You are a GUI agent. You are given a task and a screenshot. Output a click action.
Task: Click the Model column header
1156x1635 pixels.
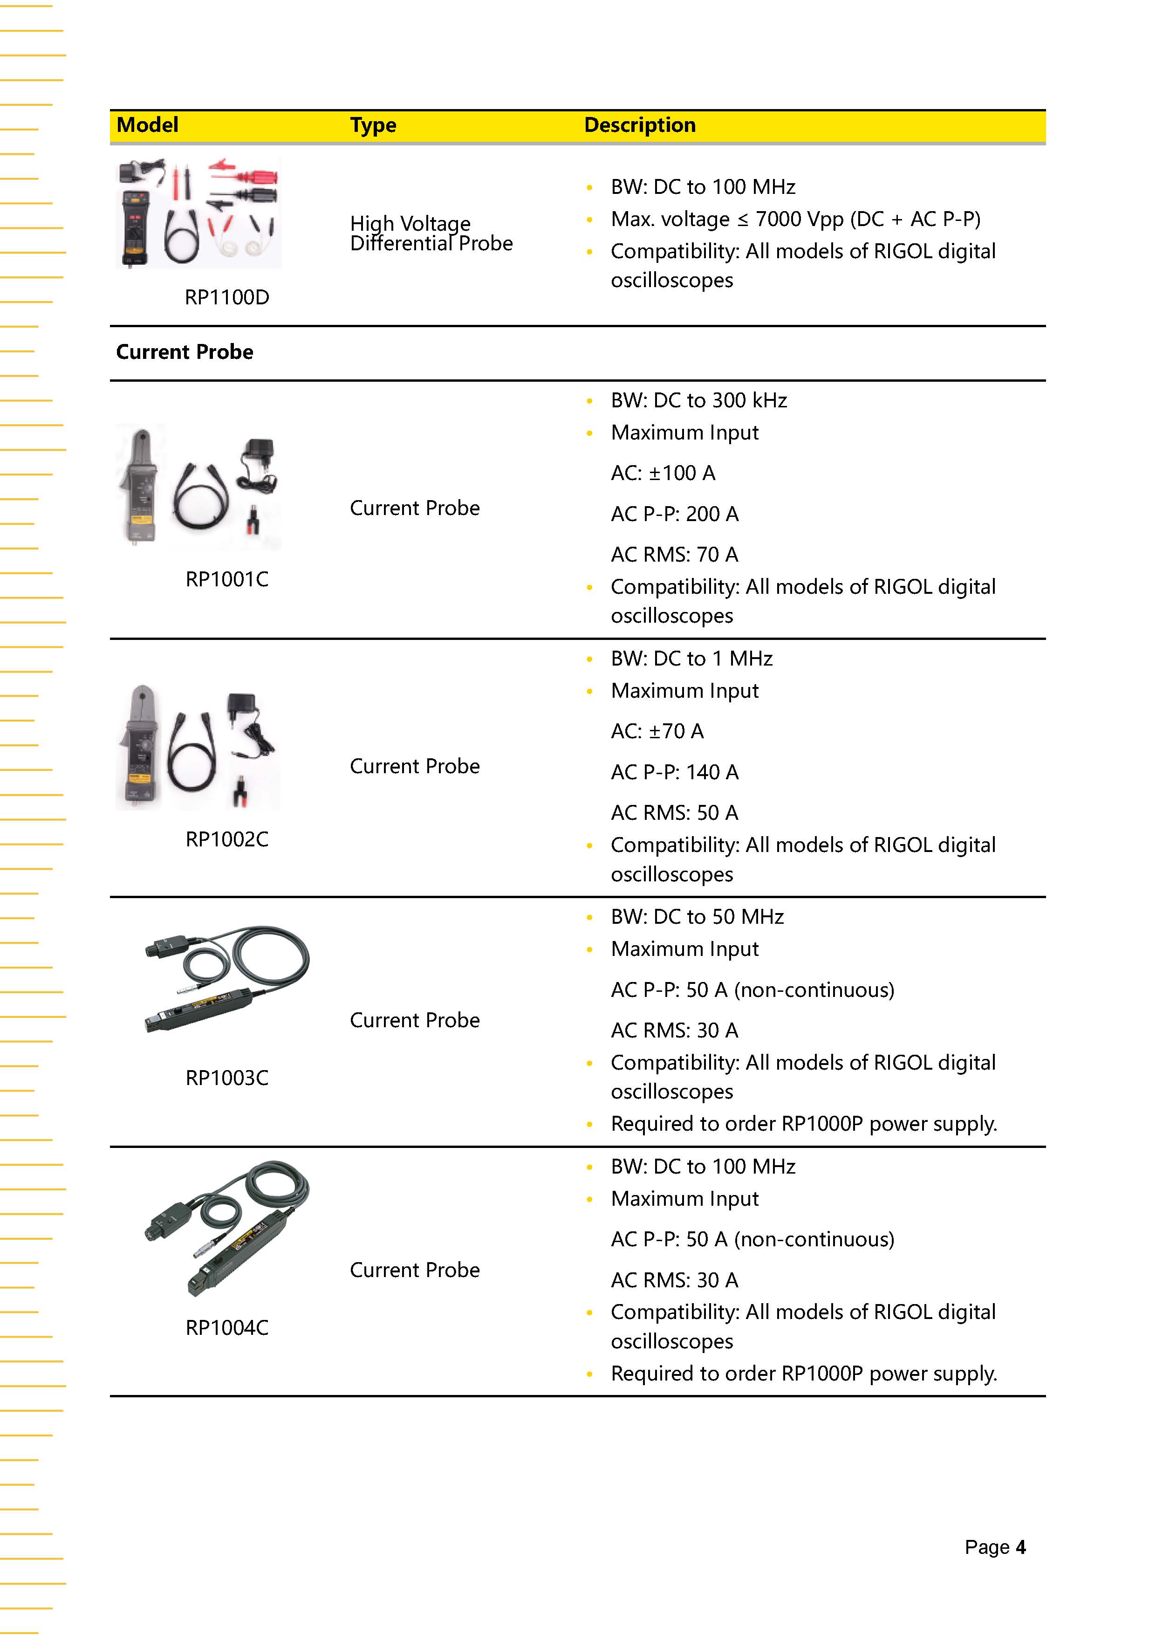(x=147, y=125)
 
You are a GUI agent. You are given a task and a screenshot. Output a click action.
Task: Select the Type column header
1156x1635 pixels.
(x=373, y=125)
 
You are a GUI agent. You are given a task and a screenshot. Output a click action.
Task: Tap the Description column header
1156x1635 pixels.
(x=639, y=125)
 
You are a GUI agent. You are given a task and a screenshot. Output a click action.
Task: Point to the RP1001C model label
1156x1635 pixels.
(x=227, y=579)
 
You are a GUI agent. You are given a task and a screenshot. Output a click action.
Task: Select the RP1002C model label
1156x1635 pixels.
(x=227, y=839)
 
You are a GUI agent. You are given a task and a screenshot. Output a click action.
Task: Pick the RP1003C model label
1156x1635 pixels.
(x=227, y=1078)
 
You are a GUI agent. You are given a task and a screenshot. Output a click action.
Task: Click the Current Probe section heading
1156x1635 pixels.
(x=185, y=352)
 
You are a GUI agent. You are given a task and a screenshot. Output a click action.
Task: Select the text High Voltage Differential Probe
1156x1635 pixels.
(x=431, y=234)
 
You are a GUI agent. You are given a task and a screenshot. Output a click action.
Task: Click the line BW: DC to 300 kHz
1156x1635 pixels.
(x=698, y=400)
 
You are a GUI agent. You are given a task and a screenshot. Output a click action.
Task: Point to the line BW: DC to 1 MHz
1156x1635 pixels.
(x=691, y=658)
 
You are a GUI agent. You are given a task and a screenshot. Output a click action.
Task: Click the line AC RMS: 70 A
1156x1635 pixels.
(x=674, y=554)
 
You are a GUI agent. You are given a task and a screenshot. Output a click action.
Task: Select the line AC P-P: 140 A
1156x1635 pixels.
(x=674, y=772)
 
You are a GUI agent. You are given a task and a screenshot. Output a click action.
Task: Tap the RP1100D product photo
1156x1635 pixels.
(x=198, y=213)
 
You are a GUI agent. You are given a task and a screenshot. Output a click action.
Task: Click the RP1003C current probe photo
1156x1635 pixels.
(x=227, y=979)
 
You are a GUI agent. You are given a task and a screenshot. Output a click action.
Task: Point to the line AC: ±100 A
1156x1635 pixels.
(x=663, y=473)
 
